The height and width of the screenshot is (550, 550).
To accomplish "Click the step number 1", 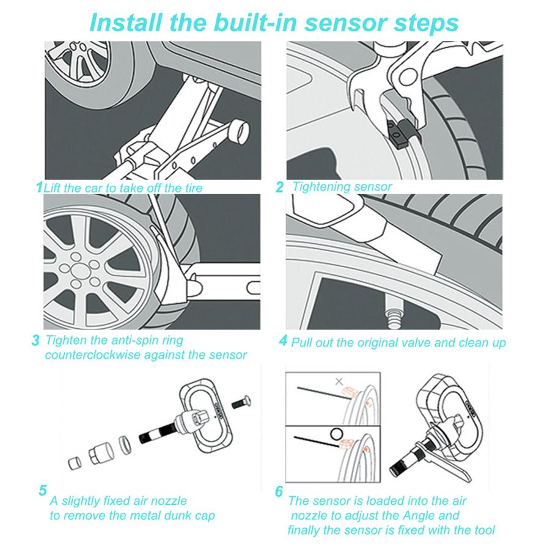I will (x=39, y=186).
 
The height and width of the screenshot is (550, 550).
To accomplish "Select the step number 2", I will (x=279, y=188).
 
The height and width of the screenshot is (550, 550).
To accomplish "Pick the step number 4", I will (x=283, y=340).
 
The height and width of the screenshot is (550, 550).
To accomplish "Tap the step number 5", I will (x=42, y=490).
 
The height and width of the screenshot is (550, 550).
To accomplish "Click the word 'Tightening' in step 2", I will (x=321, y=186).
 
